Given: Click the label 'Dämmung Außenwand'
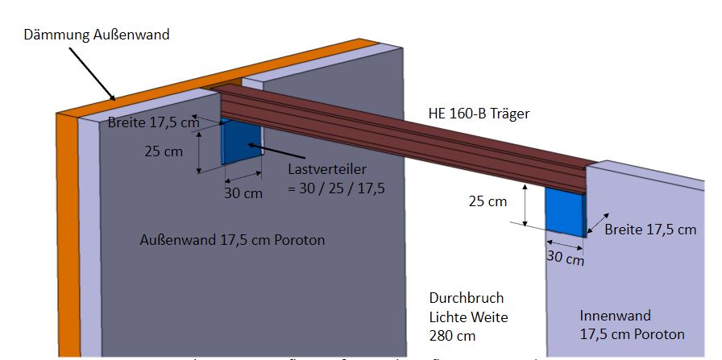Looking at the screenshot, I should pos(98,35).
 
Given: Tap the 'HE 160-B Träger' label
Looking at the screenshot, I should pos(478,114).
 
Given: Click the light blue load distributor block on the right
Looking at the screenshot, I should pos(566,211).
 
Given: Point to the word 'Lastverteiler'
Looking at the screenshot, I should pos(326,171).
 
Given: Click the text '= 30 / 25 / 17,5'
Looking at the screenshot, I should pos(335,188).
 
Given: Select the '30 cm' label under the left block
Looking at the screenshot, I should pos(243,193).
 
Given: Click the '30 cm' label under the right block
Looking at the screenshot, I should pos(565,258).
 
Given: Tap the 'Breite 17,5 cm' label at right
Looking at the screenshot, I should pos(649,230).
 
